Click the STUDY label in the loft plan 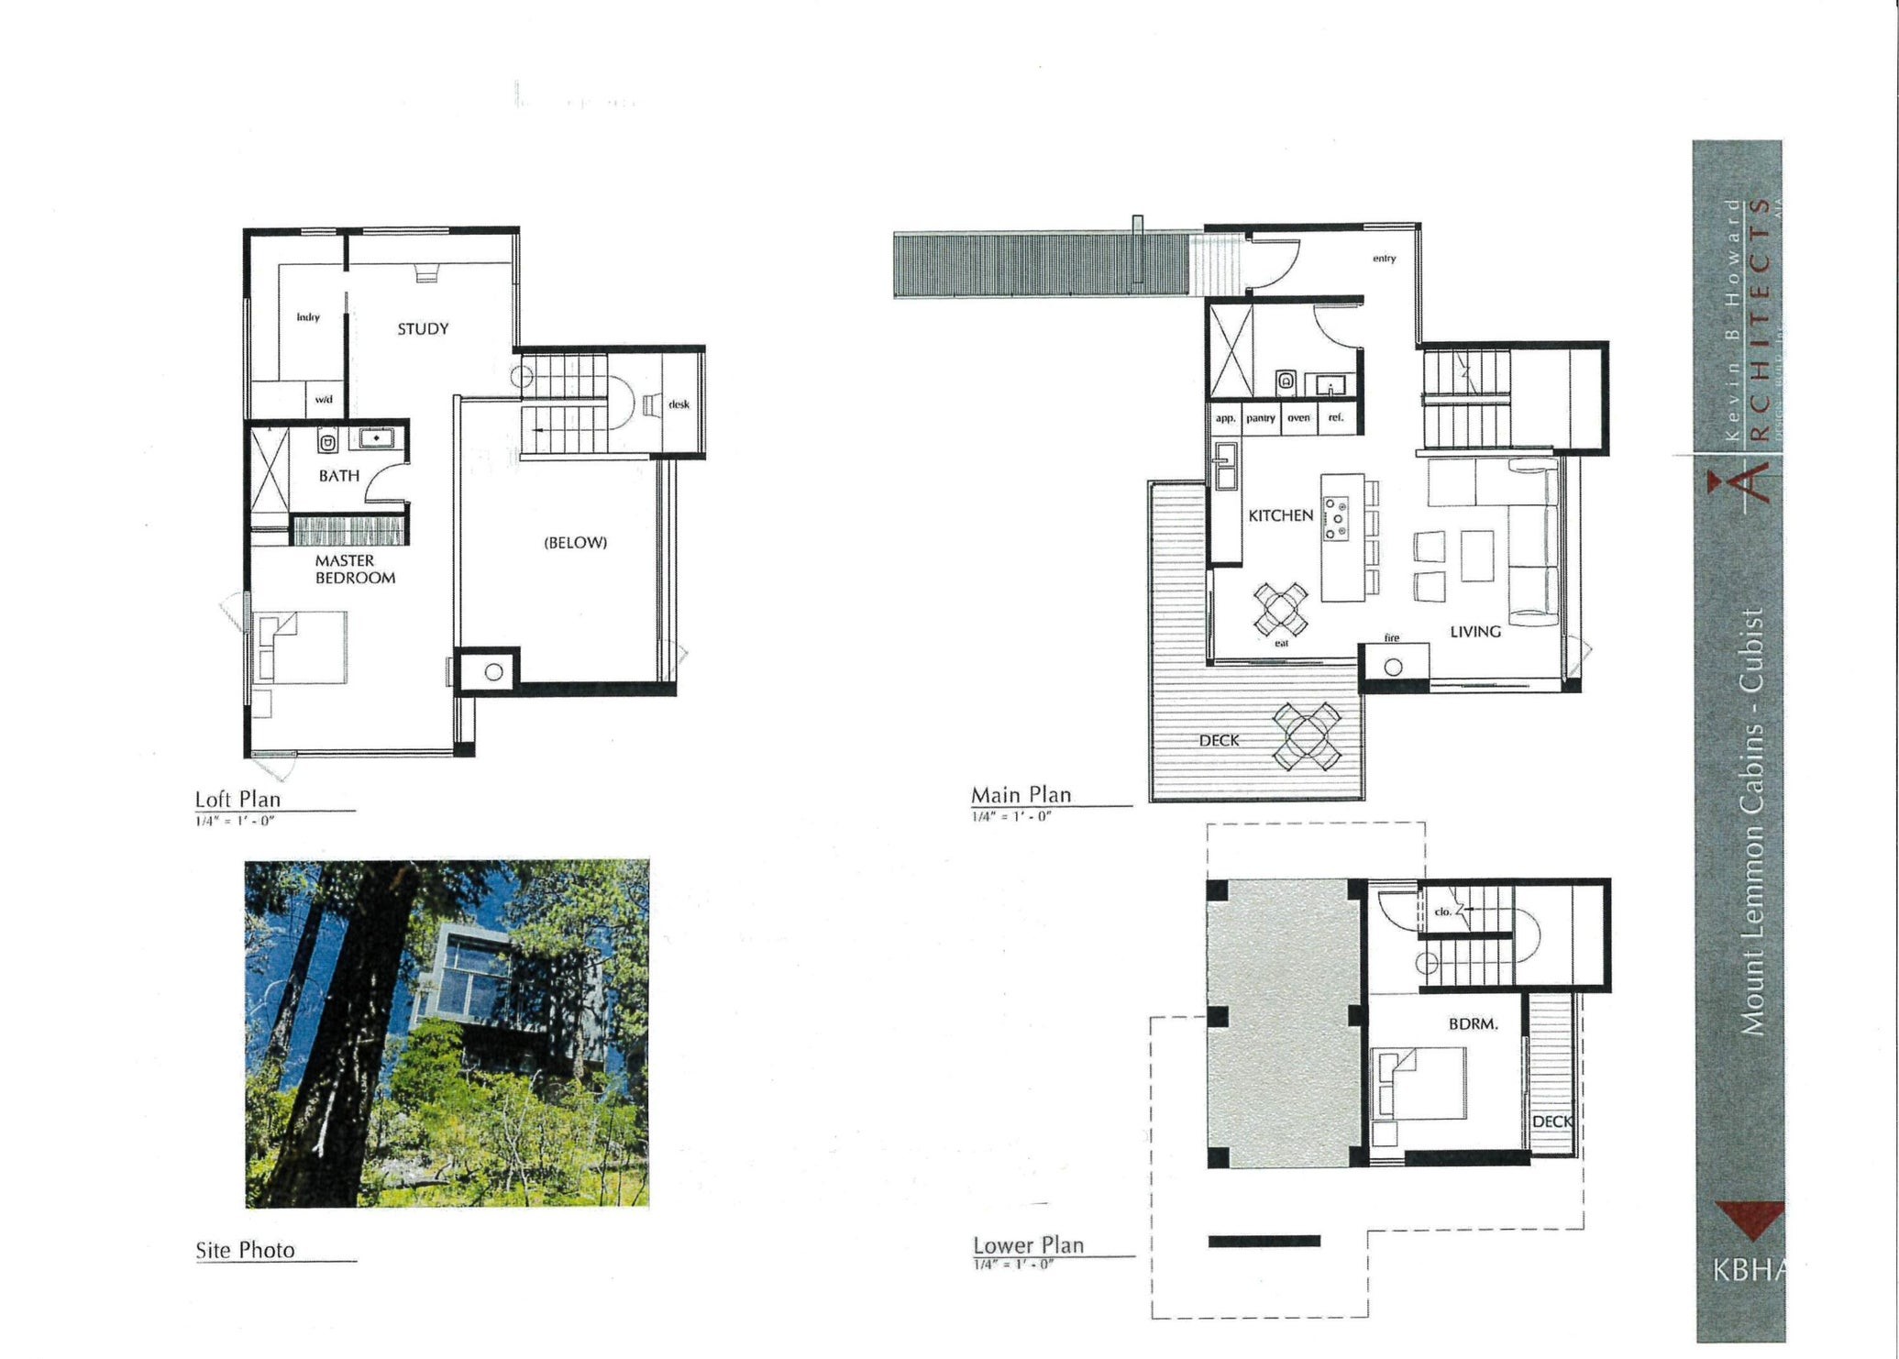point(423,328)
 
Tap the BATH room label point(338,475)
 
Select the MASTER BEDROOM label point(355,569)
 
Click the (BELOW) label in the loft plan point(575,542)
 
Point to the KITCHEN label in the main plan point(1280,515)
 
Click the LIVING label point(1474,631)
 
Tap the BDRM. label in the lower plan point(1473,1023)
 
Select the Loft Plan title point(237,799)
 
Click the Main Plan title point(1021,794)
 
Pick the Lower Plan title point(1028,1244)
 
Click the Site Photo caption point(245,1249)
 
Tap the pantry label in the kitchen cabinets point(1260,417)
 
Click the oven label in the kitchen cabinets point(1298,417)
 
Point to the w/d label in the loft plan point(324,400)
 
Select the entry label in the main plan point(1384,259)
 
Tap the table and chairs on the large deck point(1308,736)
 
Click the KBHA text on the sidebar point(1748,1269)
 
